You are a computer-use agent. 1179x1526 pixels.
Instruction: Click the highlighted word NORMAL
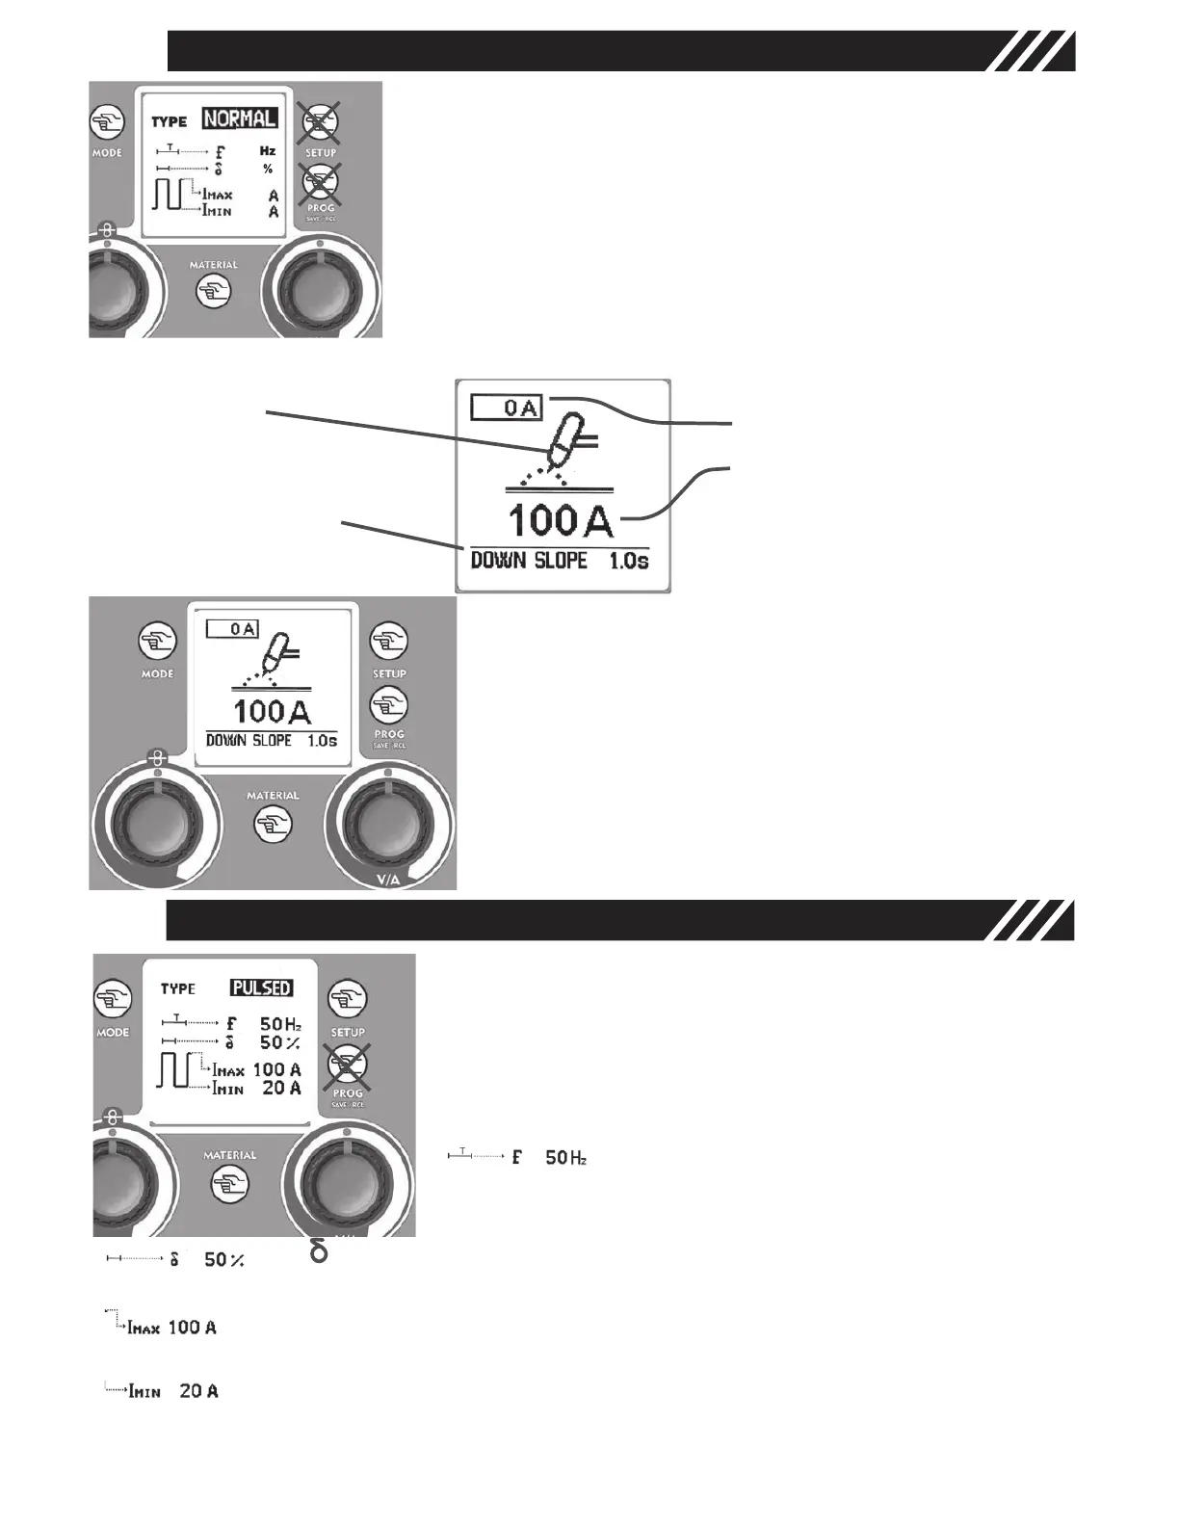240,118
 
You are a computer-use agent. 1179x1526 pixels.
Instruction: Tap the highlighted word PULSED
261,988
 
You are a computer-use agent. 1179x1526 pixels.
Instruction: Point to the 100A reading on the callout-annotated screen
560,521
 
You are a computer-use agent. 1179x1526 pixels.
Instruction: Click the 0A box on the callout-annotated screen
507,408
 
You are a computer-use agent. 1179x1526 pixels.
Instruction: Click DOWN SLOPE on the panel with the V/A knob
249,741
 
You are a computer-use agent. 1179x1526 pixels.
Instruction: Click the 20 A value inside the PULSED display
281,1088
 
